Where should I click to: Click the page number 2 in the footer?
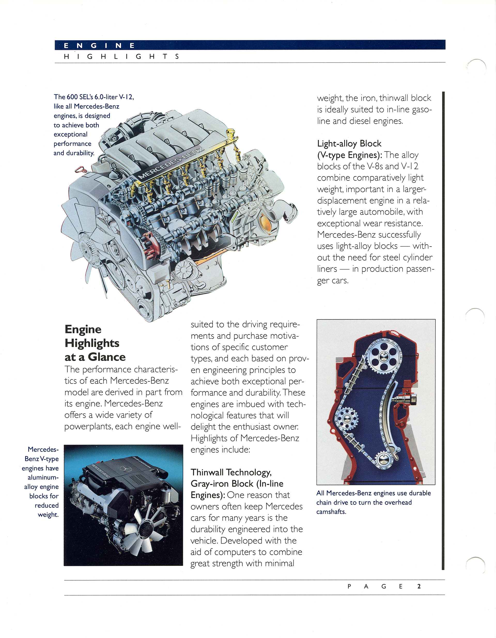[419, 586]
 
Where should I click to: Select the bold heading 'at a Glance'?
[95, 357]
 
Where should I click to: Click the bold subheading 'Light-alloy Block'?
[349, 144]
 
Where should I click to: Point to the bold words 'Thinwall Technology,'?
[231, 472]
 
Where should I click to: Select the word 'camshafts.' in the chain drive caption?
[331, 511]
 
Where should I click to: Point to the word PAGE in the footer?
[375, 586]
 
